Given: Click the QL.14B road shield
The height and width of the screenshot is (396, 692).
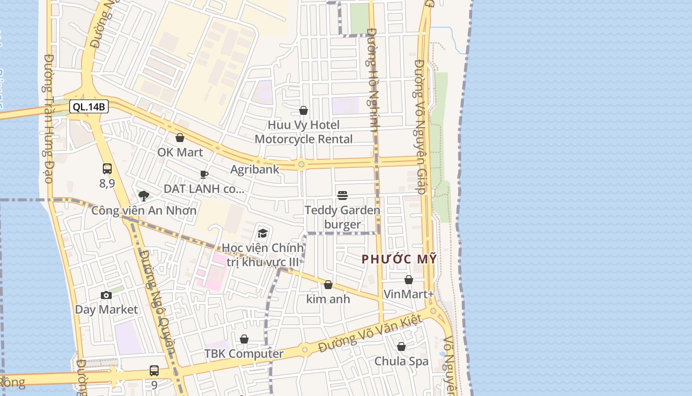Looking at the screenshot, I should tap(88, 106).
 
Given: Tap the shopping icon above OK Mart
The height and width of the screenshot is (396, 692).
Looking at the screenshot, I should tap(180, 138).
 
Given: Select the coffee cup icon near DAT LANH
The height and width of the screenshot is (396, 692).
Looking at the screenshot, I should tap(204, 174).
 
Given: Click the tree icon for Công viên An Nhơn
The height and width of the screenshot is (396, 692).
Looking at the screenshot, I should tap(144, 196).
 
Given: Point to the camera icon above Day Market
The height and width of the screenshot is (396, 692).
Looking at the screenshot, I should tap(106, 296).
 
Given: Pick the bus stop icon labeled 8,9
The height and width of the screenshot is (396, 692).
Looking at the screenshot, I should tap(107, 169).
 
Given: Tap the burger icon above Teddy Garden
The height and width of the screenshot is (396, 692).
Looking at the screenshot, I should tap(343, 196).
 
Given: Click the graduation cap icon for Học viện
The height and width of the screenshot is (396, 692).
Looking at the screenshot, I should tap(262, 233).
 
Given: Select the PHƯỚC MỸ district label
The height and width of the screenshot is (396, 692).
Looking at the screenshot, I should tap(399, 259).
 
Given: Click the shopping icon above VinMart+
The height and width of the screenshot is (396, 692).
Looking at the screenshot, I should tap(409, 280).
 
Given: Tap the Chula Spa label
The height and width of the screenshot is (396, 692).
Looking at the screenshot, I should tap(401, 361).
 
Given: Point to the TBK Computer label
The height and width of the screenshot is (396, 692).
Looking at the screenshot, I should tap(244, 354).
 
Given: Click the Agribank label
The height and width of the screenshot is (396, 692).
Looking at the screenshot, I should tap(255, 169).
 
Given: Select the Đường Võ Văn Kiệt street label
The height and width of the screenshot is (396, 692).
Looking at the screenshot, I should tap(370, 334).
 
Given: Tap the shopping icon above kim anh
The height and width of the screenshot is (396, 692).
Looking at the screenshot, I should tap(328, 285).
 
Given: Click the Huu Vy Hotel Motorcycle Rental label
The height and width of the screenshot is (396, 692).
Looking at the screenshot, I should tap(303, 132).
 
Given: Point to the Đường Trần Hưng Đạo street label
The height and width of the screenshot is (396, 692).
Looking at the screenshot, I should tap(48, 119).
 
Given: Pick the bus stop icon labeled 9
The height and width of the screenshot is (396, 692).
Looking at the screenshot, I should tap(154, 371).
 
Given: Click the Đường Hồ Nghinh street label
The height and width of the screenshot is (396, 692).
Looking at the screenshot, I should tap(373, 79).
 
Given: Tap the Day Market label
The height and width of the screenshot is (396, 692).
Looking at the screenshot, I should tap(106, 310).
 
